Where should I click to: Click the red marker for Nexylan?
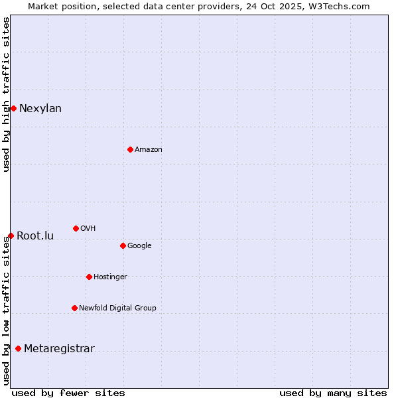click(13, 108)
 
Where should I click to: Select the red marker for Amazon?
click(130, 149)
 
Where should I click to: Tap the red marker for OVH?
click(76, 228)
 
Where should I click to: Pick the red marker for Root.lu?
click(11, 235)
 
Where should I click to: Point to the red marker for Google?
click(123, 245)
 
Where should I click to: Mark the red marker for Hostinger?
click(89, 277)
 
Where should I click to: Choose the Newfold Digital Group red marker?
click(74, 308)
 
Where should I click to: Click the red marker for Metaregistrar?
click(18, 348)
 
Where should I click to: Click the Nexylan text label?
click(40, 109)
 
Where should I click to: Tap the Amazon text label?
click(149, 150)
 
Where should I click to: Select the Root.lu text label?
click(35, 236)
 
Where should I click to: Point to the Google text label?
click(139, 246)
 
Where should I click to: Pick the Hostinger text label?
click(110, 277)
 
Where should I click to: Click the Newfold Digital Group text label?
click(117, 308)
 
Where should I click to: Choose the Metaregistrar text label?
click(59, 349)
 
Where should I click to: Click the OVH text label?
click(88, 229)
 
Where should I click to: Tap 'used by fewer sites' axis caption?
click(68, 393)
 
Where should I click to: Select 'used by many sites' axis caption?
click(333, 393)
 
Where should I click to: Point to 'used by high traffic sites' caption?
click(6, 94)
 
